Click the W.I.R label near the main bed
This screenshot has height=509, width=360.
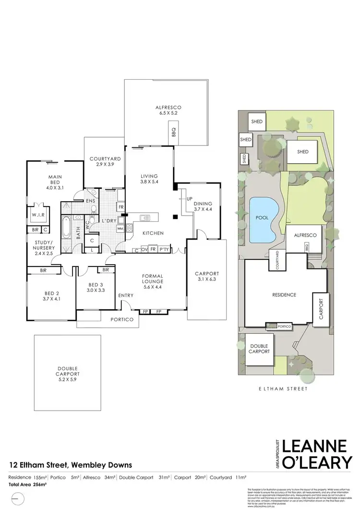pos(38,216)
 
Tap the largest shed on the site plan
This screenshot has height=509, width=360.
pos(302,152)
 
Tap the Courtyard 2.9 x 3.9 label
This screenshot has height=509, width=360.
pos(104,161)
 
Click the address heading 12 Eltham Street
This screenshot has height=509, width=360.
pos(71,465)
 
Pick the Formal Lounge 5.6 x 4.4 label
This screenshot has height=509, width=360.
pos(153,279)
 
